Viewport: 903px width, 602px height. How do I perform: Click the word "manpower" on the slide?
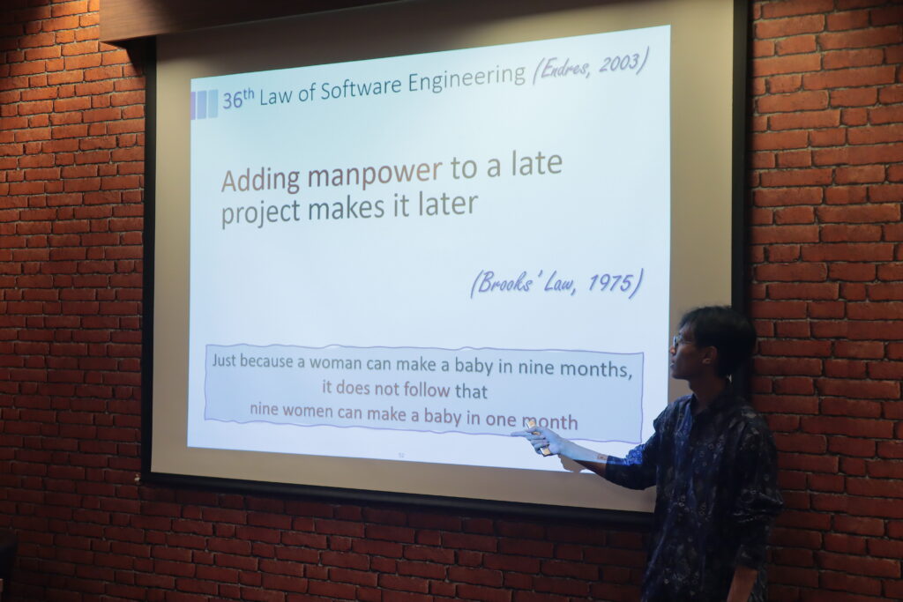pyautogui.click(x=374, y=174)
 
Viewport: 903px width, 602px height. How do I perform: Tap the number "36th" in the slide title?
pyautogui.click(x=238, y=99)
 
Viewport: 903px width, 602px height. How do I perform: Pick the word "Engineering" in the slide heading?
pyautogui.click(x=466, y=78)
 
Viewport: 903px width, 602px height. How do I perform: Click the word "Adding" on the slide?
pyautogui.click(x=260, y=180)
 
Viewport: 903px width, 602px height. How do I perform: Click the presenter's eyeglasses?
pyautogui.click(x=680, y=341)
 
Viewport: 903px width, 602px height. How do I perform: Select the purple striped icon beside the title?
pyautogui.click(x=205, y=104)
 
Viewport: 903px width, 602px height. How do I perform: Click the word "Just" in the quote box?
pyautogui.click(x=224, y=360)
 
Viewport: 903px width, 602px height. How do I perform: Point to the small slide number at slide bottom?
pyautogui.click(x=402, y=456)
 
